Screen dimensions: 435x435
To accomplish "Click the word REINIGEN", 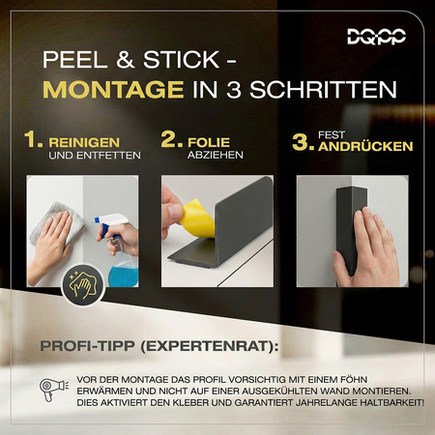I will tap(95, 139).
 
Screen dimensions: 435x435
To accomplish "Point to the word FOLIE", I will tap(214, 139).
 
